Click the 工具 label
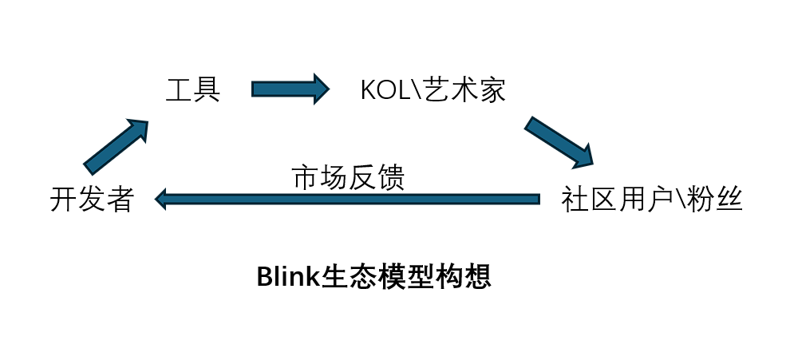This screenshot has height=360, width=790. pos(193,89)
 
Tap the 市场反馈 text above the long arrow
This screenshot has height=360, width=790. pos(349,177)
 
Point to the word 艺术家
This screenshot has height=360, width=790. pos(464,90)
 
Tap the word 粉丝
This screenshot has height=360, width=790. pos(716,200)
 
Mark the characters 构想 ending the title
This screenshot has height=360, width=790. pos(462,276)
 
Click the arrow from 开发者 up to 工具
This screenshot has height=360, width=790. pos(116,147)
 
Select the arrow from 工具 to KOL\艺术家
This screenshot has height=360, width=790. pos(290,88)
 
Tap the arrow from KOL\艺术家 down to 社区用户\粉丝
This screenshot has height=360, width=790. pos(559,141)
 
